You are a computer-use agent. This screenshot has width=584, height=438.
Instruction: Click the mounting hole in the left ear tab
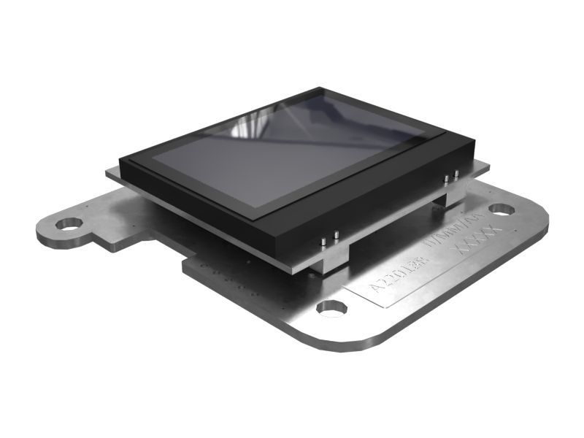[x=70, y=223]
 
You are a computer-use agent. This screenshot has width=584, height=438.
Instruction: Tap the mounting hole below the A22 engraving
[x=331, y=308]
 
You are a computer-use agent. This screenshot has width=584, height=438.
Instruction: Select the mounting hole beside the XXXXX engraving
[x=502, y=209]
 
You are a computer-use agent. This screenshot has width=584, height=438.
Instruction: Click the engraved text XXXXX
[x=477, y=241]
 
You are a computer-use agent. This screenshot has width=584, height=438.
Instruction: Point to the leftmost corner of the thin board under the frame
[x=105, y=173]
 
